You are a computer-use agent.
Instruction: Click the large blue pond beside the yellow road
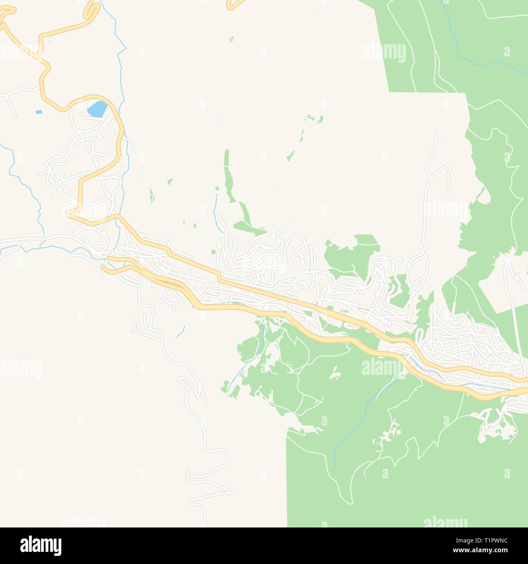point(97,109)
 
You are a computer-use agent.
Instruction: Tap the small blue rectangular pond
point(39,112)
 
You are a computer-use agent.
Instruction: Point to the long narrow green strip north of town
point(227,174)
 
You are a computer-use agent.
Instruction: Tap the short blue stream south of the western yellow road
point(180,332)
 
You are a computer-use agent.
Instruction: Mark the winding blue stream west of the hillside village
point(24,183)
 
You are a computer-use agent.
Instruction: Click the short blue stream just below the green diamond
point(215,207)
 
